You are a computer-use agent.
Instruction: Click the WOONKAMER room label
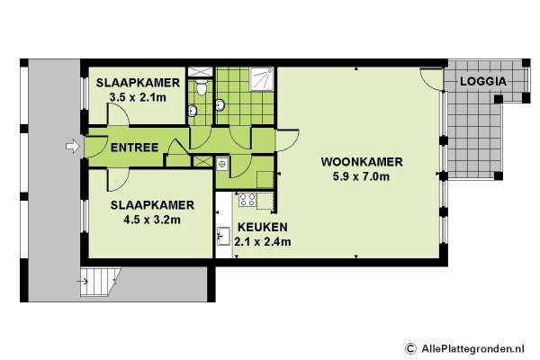(362, 162)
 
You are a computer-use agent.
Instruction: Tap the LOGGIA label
(483, 82)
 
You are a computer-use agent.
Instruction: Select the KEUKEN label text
(263, 228)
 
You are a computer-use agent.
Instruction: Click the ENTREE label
(134, 148)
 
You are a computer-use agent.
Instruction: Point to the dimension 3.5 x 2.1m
(138, 97)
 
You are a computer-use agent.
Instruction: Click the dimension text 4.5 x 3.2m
(152, 220)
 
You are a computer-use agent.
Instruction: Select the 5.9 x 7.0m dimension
(361, 176)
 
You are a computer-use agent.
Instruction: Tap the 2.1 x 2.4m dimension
(263, 242)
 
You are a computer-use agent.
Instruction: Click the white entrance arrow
(73, 147)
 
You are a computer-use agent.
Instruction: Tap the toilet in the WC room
(202, 88)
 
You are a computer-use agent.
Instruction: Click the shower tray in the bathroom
(262, 79)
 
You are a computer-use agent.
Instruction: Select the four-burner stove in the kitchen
(247, 200)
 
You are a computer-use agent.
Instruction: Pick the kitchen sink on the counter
(223, 236)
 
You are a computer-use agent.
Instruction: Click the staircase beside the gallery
(100, 282)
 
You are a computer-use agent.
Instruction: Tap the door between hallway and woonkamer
(286, 140)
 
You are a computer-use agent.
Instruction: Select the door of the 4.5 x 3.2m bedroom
(119, 179)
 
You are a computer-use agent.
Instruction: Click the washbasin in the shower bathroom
(220, 104)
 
